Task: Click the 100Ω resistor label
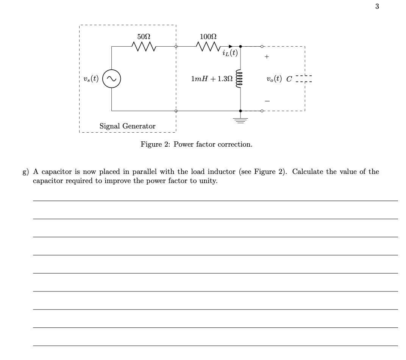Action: pos(208,37)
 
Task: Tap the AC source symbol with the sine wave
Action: pos(112,79)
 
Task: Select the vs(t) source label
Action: pos(91,79)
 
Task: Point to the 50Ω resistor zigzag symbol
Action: pos(144,47)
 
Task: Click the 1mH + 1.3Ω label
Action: pos(211,79)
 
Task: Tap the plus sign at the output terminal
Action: pos(267,57)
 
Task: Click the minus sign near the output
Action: pos(267,101)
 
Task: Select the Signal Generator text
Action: pos(127,126)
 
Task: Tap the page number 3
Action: pos(377,6)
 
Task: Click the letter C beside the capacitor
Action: pos(289,79)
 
